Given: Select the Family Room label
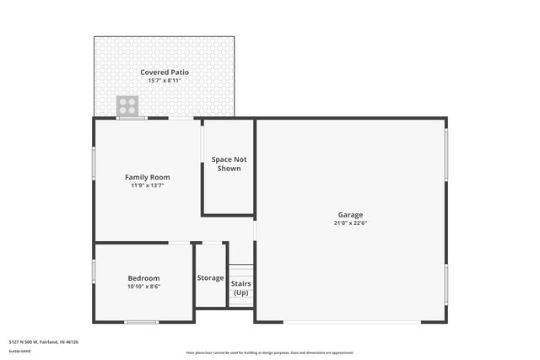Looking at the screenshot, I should tap(148, 177).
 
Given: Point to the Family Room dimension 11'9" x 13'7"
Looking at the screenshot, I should tap(148, 185).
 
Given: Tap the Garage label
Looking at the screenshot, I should tap(350, 215).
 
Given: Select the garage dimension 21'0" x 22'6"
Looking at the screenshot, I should tap(350, 223).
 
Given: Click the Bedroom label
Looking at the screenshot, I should tap(143, 278).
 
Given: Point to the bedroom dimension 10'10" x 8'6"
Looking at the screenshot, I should tap(143, 287).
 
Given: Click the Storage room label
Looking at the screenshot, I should tap(210, 278).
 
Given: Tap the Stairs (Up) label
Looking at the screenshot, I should tap(240, 287).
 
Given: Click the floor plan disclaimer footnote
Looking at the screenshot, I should tap(269, 352).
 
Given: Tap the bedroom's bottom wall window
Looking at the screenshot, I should tap(141, 322).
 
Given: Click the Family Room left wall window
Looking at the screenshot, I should tap(94, 164).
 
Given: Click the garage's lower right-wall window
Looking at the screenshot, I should tap(445, 282).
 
